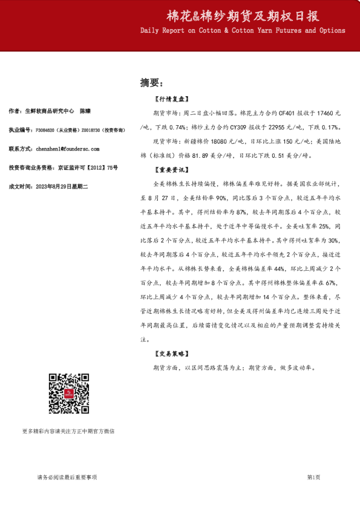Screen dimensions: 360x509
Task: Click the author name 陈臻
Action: (x=85, y=111)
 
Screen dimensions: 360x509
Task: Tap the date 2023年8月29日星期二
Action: (x=62, y=187)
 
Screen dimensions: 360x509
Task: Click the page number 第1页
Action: (x=313, y=478)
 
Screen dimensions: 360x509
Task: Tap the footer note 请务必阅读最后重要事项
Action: (x=67, y=478)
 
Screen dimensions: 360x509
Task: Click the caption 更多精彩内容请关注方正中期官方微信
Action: (x=68, y=431)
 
